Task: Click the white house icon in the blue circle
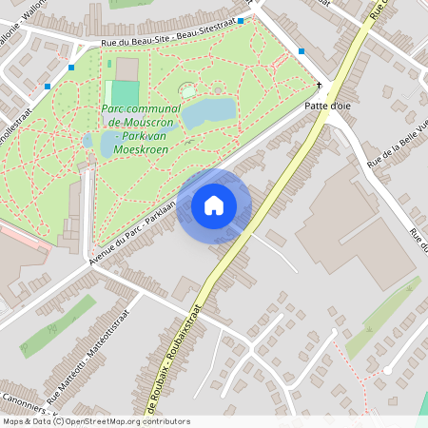(214, 205)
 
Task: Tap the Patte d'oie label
(328, 107)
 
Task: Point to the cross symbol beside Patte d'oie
(319, 86)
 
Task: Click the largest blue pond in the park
(208, 113)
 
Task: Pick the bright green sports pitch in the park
(125, 93)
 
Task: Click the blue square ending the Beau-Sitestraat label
(242, 20)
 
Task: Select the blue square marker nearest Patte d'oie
(302, 51)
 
